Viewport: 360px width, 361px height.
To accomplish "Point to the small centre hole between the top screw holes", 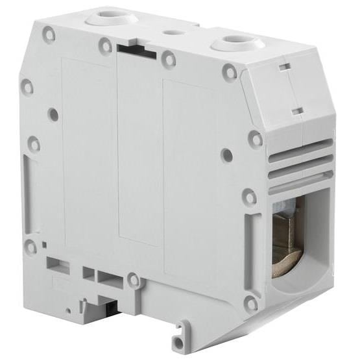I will (x=172, y=31).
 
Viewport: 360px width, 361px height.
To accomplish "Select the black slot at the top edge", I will (x=137, y=50).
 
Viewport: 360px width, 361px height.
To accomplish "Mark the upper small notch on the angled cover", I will (x=283, y=67).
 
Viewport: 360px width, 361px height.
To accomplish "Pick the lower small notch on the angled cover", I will (x=296, y=112).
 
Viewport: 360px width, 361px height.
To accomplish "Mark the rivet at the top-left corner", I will (x=48, y=33).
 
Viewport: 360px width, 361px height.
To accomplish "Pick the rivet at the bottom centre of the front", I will (x=134, y=280).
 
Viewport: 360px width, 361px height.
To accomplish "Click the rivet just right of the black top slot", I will (x=169, y=60).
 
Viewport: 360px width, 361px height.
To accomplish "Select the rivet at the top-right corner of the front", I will (x=229, y=71).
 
